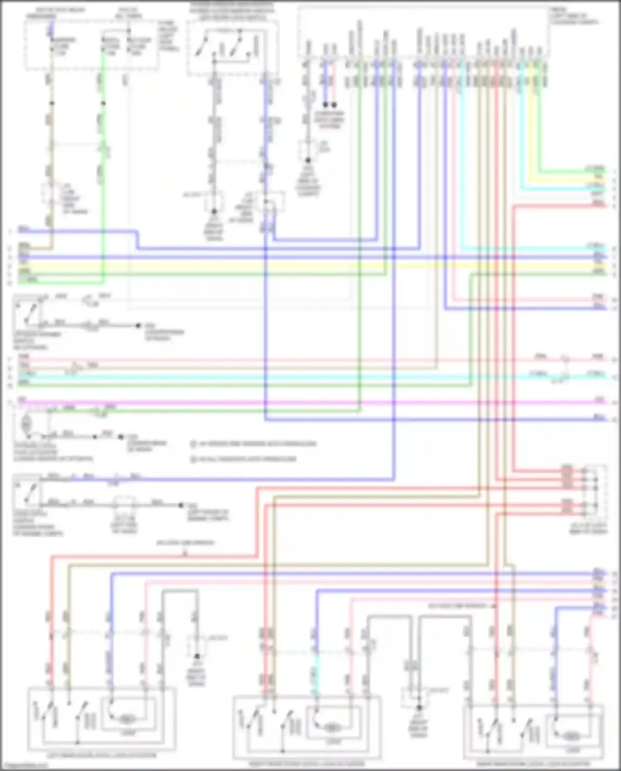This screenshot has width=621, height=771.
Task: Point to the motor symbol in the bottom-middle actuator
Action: (x=331, y=727)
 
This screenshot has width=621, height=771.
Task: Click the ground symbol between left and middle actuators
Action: (x=197, y=656)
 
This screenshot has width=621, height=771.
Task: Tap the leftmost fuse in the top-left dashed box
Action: (x=51, y=46)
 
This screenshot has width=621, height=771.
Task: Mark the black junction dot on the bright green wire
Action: (x=103, y=103)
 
